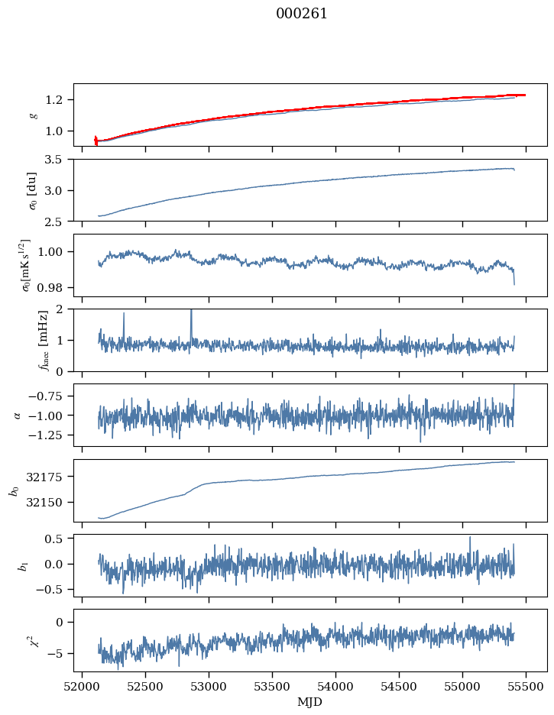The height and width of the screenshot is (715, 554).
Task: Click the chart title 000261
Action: [x=301, y=14]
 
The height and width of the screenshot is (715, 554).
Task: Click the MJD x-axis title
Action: [x=310, y=702]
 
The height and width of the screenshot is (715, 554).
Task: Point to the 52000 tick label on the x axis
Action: [x=82, y=686]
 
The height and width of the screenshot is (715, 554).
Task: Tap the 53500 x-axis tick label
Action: [x=272, y=686]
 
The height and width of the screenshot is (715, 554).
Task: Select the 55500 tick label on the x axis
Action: [x=526, y=686]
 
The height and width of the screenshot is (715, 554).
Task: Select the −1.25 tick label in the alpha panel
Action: [x=45, y=435]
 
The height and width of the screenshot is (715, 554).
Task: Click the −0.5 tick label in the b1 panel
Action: [x=48, y=590]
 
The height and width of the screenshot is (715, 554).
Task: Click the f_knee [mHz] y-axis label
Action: [x=44, y=340]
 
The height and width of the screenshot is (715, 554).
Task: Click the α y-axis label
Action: [x=18, y=415]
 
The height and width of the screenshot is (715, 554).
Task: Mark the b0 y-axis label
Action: [x=15, y=490]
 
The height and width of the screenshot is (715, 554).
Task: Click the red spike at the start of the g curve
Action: [x=96, y=141]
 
